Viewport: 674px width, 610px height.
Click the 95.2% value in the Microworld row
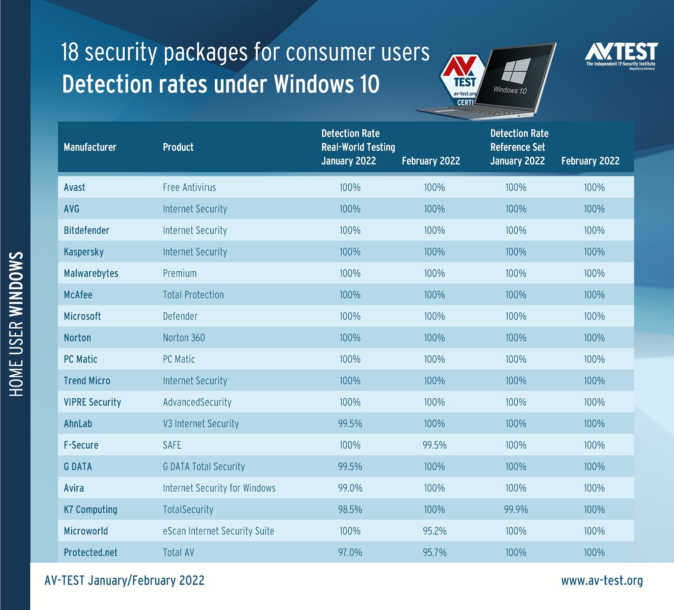[x=434, y=531]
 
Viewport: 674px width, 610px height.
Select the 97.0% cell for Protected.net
[x=350, y=552]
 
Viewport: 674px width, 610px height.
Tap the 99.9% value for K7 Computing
[x=516, y=510]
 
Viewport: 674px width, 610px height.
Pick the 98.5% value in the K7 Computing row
[x=350, y=510]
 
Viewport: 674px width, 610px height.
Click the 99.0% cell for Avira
[x=350, y=488]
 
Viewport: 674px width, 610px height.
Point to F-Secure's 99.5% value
[x=434, y=445]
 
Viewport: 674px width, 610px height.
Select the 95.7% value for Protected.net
[x=434, y=552]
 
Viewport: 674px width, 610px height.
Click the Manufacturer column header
[x=90, y=147]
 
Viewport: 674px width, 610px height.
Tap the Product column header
[x=178, y=147]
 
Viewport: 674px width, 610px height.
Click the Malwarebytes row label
[x=91, y=274]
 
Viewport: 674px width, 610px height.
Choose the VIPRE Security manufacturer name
[x=92, y=402]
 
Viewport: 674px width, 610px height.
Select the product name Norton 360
[x=184, y=338]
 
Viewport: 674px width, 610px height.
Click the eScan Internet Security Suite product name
[x=218, y=531]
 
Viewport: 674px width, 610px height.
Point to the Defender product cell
[x=180, y=316]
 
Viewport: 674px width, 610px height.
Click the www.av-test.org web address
[x=602, y=580]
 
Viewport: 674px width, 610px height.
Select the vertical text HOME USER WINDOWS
[x=16, y=324]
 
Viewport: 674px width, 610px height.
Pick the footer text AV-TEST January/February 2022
[x=124, y=580]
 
